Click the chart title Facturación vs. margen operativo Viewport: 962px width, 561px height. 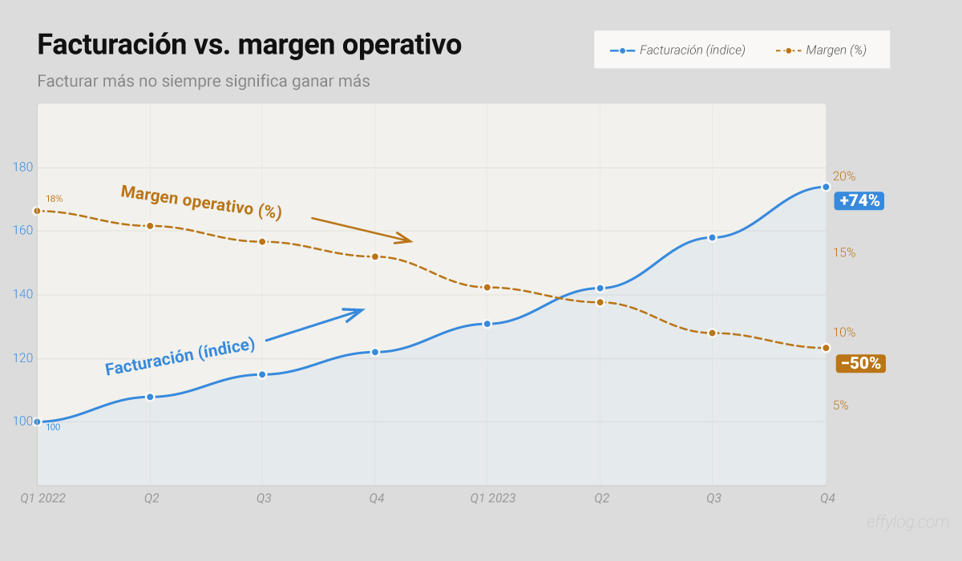coord(249,45)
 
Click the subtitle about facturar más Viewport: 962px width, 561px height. coord(204,82)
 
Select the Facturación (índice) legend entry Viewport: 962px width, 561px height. coord(677,50)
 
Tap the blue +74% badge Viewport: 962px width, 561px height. coord(859,200)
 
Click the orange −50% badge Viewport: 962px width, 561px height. coord(860,363)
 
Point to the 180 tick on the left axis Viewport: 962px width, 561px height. coord(23,167)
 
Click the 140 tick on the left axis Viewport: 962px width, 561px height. coord(23,294)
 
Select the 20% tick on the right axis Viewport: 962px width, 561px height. coord(844,176)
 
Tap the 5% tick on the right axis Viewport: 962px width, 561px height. coord(841,406)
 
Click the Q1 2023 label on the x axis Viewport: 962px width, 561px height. coord(492,498)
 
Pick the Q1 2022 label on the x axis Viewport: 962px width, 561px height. coord(42,498)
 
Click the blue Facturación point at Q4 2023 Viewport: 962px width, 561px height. coord(826,187)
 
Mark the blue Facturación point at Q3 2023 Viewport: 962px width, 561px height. coord(712,237)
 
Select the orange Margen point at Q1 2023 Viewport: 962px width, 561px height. coord(487,287)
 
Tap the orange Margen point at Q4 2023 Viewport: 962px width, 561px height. coord(826,348)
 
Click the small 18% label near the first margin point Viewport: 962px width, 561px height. coord(54,199)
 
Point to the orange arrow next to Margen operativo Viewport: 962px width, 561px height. coord(362,229)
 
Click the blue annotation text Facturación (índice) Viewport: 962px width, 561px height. coord(180,356)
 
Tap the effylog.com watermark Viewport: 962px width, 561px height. coord(907,523)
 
